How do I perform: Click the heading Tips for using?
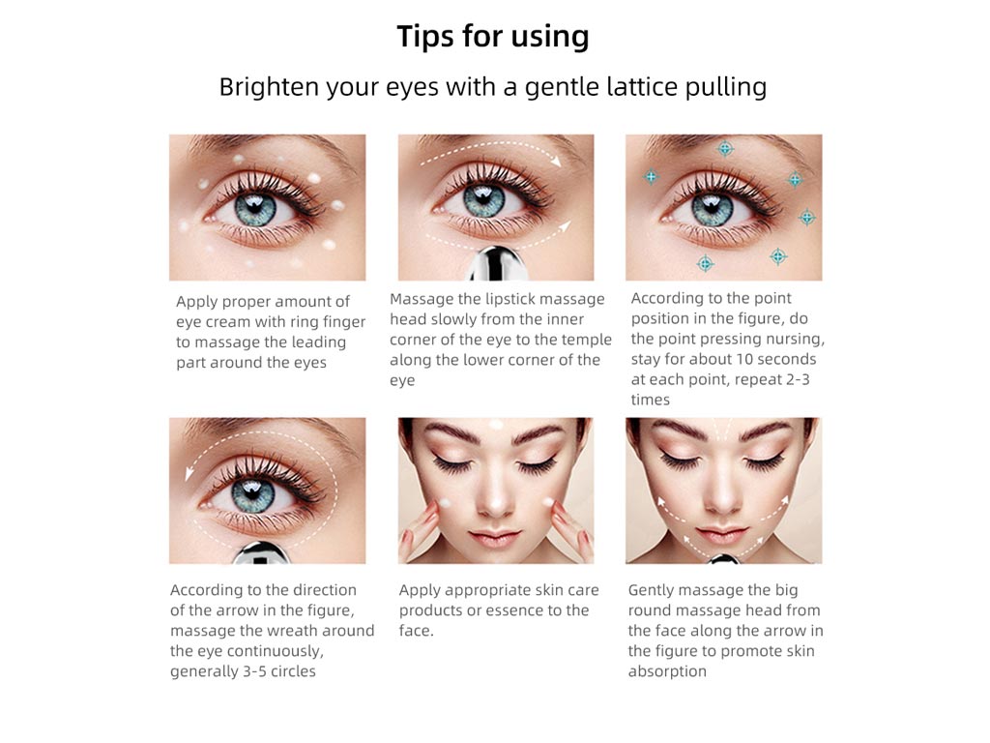click(x=493, y=36)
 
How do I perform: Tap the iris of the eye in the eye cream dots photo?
click(x=255, y=210)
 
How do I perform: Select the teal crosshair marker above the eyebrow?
click(x=725, y=149)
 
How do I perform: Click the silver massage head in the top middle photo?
click(x=496, y=264)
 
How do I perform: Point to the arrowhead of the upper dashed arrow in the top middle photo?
click(x=555, y=162)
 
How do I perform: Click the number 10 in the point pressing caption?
click(x=743, y=359)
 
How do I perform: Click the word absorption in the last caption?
click(x=667, y=671)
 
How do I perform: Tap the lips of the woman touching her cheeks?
click(x=495, y=540)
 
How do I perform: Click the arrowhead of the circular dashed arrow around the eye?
click(x=189, y=474)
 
